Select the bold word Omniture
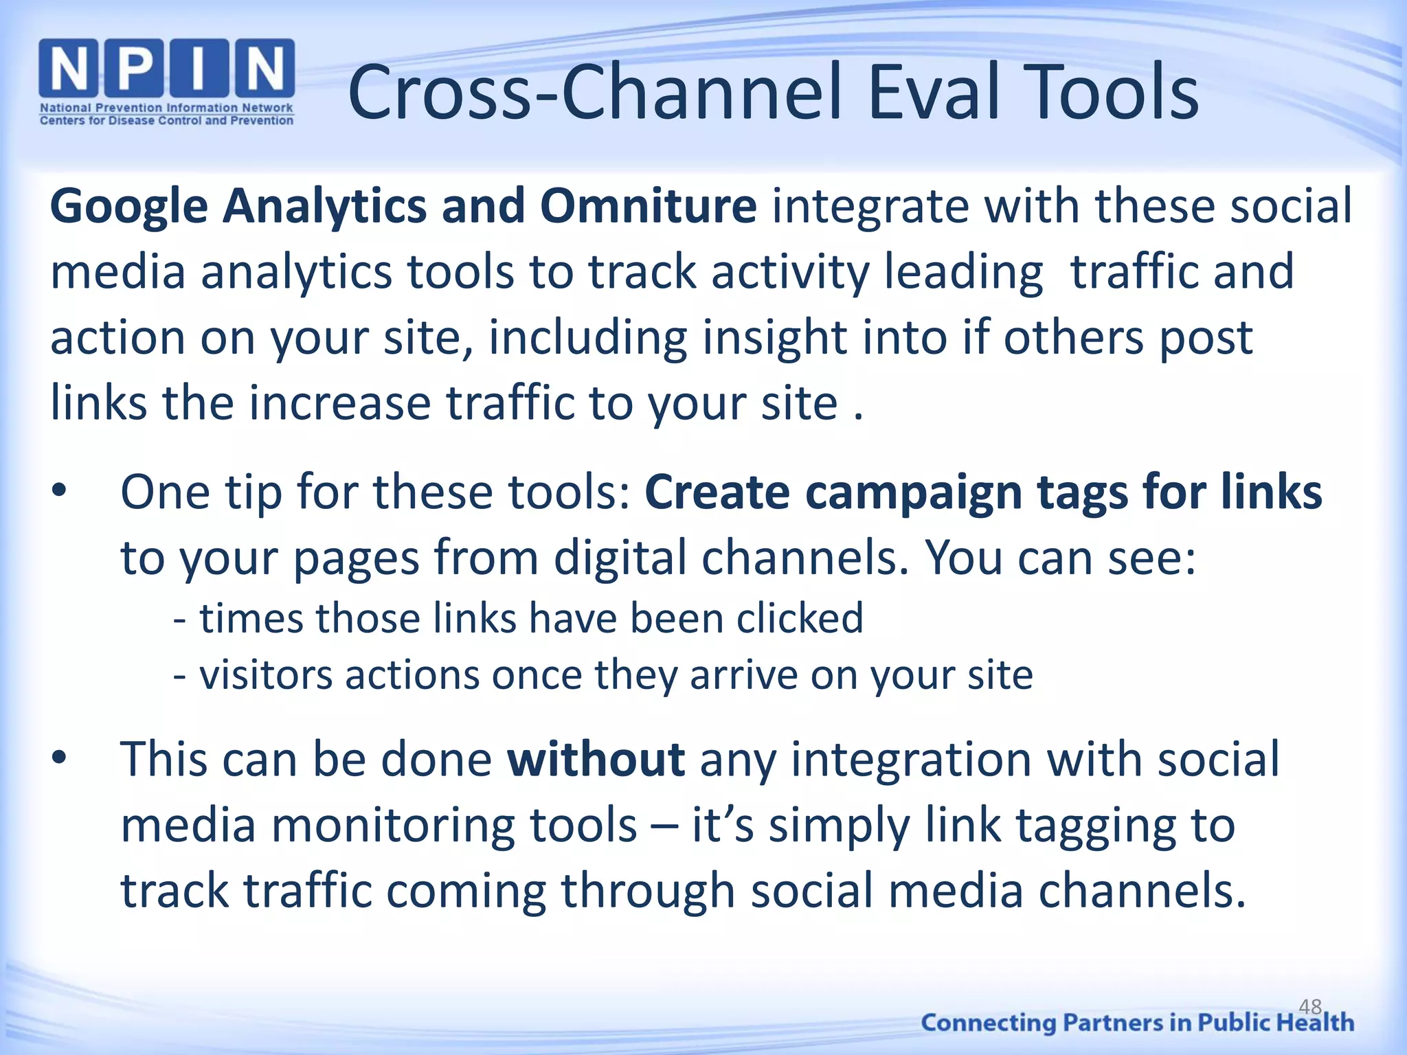(648, 206)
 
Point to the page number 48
(1310, 1007)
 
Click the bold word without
(596, 760)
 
